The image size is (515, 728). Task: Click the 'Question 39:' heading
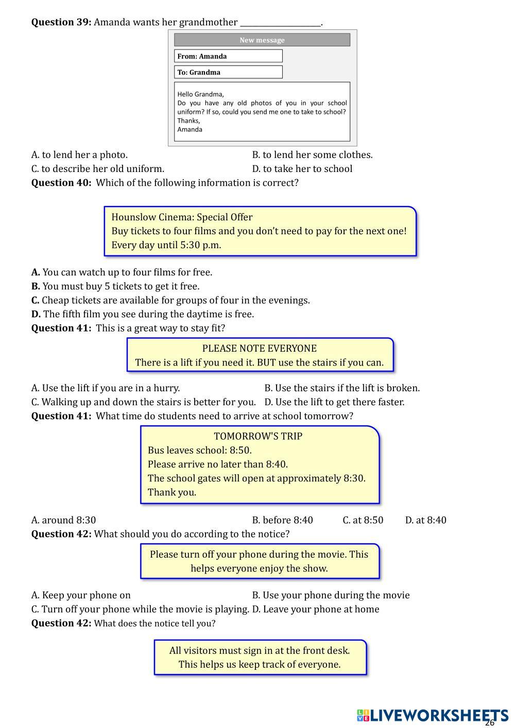click(61, 22)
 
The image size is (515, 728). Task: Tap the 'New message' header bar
click(262, 40)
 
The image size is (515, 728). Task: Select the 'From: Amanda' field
click(228, 56)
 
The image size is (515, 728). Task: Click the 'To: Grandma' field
click(228, 72)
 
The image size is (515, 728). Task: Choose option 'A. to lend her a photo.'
click(79, 154)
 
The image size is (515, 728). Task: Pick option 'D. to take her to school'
click(302, 169)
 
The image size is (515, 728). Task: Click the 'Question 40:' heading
click(61, 183)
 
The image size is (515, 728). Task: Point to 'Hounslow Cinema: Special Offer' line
click(182, 217)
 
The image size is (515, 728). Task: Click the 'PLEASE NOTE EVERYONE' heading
click(259, 349)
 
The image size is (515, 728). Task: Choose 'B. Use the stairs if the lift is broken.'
click(342, 388)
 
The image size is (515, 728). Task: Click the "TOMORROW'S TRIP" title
click(258, 436)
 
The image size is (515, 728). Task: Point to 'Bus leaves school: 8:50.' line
click(199, 450)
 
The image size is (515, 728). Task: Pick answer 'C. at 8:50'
click(363, 520)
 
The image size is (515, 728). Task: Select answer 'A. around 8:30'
click(63, 520)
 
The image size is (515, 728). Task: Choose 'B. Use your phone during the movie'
click(331, 595)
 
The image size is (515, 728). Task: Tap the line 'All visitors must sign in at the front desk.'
click(260, 650)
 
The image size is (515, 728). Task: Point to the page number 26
click(490, 722)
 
